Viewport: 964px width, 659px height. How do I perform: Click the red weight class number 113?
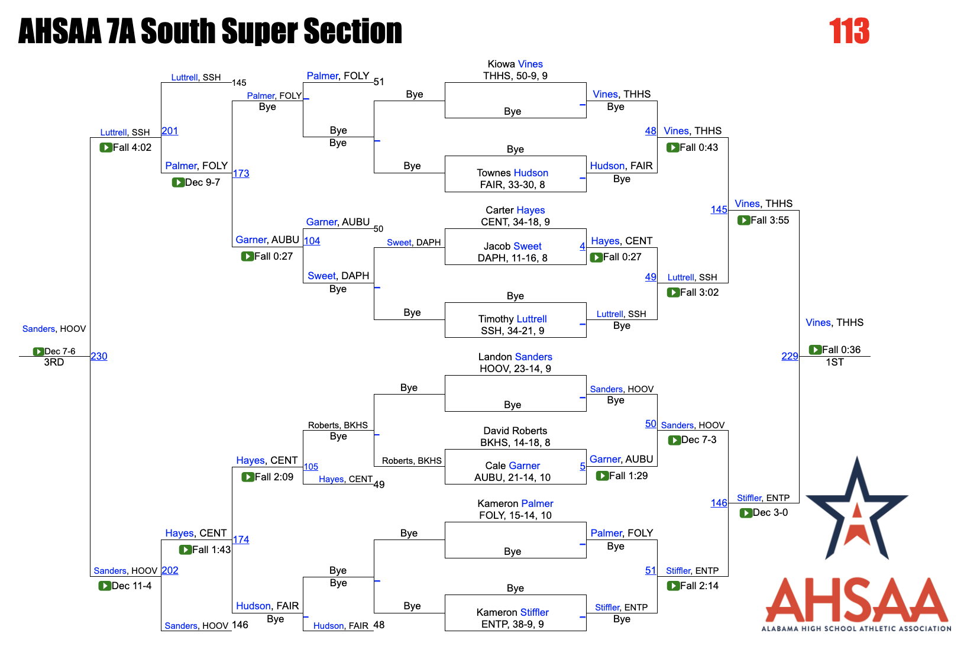coord(849,31)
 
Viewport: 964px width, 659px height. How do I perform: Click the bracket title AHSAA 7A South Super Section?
coord(210,31)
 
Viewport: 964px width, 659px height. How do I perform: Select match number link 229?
coord(790,356)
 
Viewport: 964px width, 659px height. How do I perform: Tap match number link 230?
coord(99,356)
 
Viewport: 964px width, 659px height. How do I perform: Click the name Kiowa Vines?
coord(515,64)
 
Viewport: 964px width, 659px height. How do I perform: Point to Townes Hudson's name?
coord(512,173)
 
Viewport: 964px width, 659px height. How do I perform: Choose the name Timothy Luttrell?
coord(512,319)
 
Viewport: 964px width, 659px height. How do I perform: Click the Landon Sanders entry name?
coord(515,357)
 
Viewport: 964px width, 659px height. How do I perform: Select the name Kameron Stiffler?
coord(512,612)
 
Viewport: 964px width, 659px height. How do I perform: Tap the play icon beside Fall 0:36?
coord(815,350)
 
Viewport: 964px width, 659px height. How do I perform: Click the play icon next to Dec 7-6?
coord(38,351)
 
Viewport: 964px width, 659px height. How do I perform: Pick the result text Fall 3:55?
coord(769,220)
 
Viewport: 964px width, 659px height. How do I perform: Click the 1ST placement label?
coord(834,362)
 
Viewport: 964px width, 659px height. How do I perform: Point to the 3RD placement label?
coord(54,362)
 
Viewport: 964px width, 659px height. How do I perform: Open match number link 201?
coord(170,131)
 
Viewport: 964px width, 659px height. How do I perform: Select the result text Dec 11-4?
coord(131,586)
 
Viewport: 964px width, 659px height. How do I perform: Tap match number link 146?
coord(719,503)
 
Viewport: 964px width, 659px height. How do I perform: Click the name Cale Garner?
coord(512,466)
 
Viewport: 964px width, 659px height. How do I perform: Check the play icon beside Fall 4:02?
coord(106,147)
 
